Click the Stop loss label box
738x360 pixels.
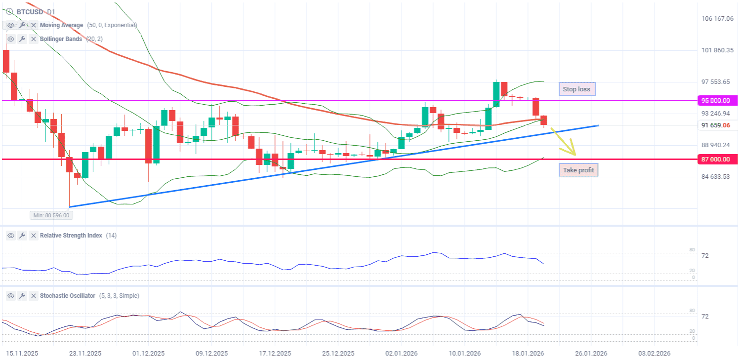pos(577,89)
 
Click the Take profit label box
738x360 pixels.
pos(578,170)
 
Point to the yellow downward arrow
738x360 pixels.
pos(567,143)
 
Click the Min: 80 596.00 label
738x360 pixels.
pos(51,215)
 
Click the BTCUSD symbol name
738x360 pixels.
pos(30,12)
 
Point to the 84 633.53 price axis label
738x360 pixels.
pos(716,177)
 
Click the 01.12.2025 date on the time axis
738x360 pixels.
pos(149,354)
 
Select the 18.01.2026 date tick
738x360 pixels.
pos(528,354)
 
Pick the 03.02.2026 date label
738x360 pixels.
pos(654,354)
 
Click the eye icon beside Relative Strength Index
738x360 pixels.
pos(11,236)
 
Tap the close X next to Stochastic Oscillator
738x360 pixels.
pos(34,296)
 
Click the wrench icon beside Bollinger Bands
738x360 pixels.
pos(22,39)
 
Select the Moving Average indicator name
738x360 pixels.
pos(62,25)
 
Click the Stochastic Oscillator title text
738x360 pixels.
pos(67,296)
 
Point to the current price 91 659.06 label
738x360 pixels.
pos(716,125)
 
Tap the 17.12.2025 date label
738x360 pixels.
pos(275,354)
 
